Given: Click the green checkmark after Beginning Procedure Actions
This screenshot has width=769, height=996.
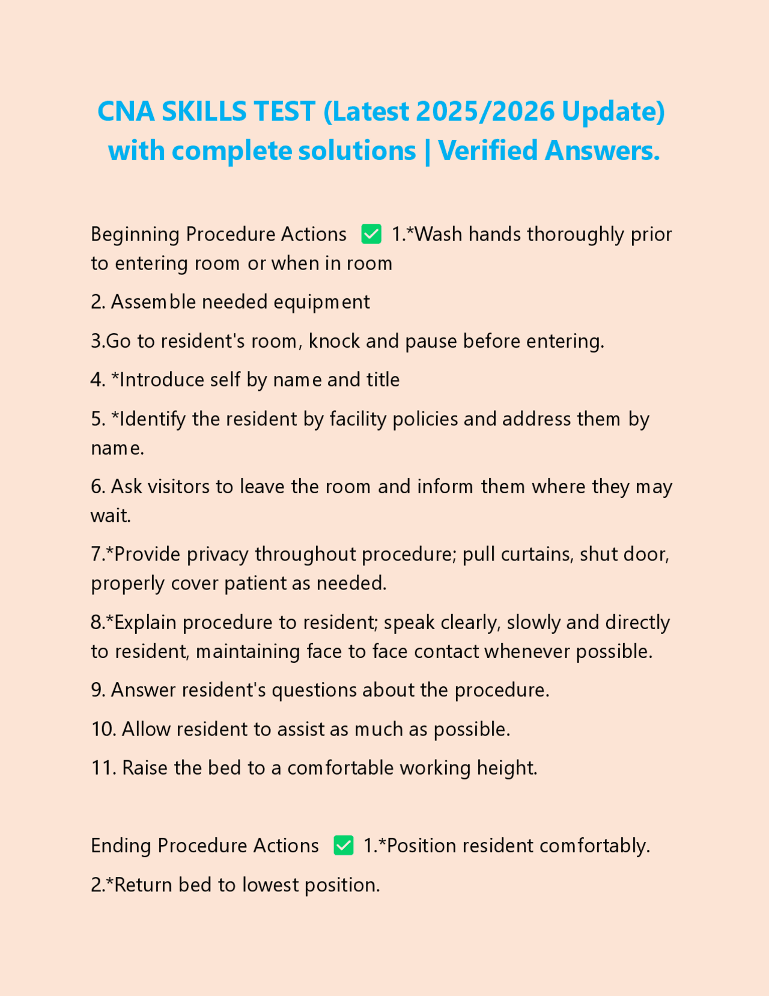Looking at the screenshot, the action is point(371,234).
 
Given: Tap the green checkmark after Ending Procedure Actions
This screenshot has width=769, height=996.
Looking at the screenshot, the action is point(343,846).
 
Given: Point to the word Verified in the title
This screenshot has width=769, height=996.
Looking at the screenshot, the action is point(488,151).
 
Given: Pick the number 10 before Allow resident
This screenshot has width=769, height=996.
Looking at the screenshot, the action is point(103,730).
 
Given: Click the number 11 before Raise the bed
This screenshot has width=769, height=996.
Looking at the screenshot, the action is point(103,768).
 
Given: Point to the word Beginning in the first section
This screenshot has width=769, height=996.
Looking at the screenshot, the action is point(135,234).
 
